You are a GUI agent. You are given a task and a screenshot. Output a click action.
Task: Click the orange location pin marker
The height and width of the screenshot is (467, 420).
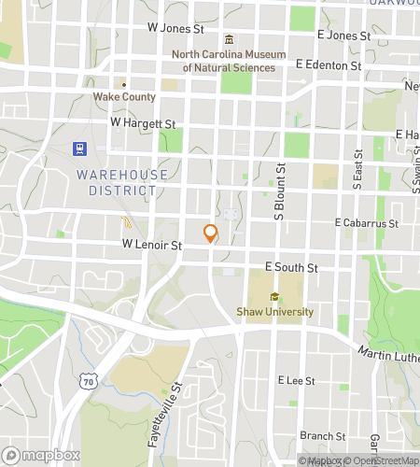(x=211, y=233)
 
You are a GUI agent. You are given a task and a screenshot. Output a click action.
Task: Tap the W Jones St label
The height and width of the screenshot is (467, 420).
(x=175, y=29)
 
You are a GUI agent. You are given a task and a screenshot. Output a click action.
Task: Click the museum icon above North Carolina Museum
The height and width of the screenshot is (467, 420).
(x=230, y=39)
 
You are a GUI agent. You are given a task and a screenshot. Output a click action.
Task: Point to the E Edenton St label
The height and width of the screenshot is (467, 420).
(x=328, y=66)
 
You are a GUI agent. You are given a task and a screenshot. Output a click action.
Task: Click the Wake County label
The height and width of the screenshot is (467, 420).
(x=122, y=96)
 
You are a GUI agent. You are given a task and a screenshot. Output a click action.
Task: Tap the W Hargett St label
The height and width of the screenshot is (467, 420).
(x=143, y=122)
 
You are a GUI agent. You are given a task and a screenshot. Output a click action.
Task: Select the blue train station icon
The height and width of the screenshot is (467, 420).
(x=79, y=149)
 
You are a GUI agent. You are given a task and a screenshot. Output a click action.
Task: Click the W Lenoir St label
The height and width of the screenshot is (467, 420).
(x=151, y=244)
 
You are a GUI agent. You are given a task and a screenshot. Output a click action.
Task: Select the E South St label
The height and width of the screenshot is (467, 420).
(x=292, y=267)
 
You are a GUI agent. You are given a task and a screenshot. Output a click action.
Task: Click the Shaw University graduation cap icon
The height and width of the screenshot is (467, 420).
(x=274, y=297)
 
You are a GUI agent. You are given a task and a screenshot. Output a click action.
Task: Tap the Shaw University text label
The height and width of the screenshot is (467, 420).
(x=274, y=312)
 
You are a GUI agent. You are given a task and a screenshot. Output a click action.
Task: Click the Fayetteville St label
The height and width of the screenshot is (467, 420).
(x=164, y=412)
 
